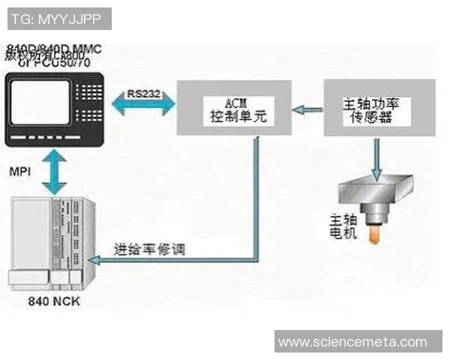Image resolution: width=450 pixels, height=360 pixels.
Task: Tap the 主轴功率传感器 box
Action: tap(369, 109)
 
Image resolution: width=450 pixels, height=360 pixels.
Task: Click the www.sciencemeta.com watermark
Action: tap(351, 341)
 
